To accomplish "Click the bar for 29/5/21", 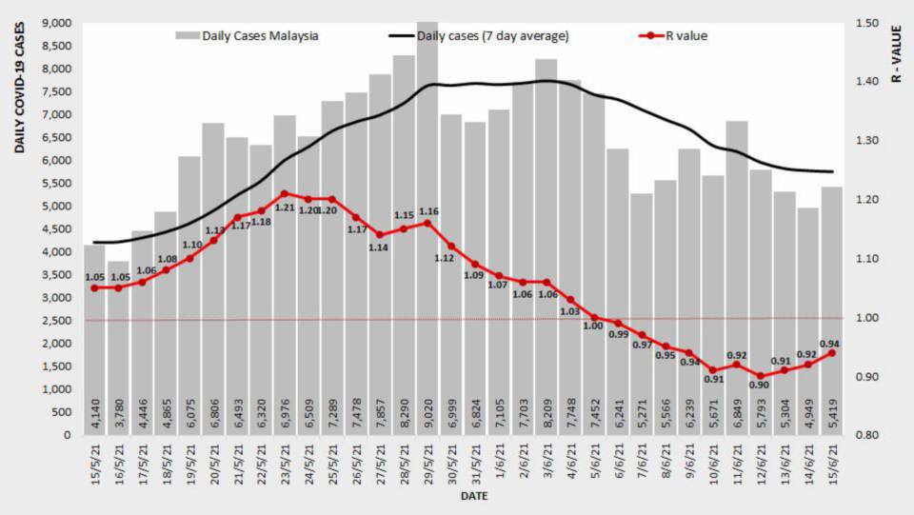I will [x=427, y=228].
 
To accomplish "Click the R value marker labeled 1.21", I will [x=285, y=193].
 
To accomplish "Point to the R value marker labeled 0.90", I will [x=760, y=376].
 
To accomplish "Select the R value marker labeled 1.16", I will [x=427, y=223].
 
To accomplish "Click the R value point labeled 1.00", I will [x=594, y=318].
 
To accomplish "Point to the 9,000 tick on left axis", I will [x=60, y=23].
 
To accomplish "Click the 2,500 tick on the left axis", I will [x=60, y=321].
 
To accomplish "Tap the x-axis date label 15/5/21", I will [x=94, y=466].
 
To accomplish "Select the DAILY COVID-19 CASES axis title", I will [x=19, y=91].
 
